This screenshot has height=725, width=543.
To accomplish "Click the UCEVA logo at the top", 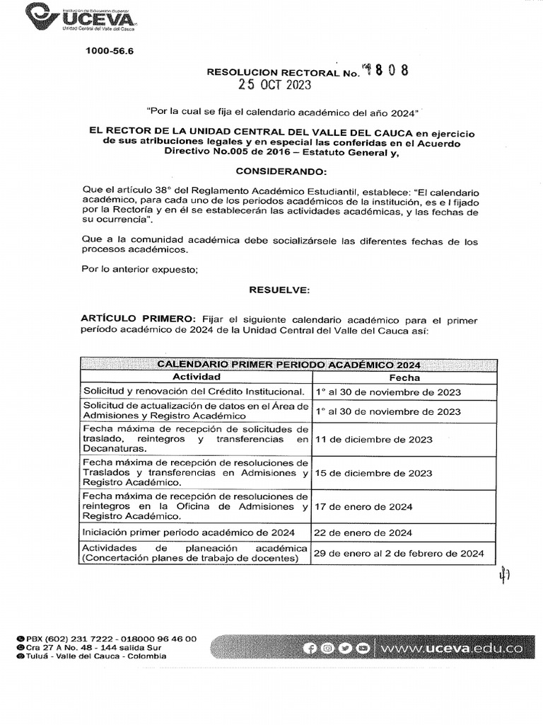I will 81,16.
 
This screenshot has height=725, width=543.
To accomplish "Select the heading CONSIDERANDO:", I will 281,172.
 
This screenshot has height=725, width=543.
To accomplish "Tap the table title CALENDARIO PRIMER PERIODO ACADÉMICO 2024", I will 288,365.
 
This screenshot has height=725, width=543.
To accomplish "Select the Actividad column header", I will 197,377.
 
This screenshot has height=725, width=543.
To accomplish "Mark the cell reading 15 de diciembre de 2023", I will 374,473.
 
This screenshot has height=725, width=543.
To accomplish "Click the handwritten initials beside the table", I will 503,576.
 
